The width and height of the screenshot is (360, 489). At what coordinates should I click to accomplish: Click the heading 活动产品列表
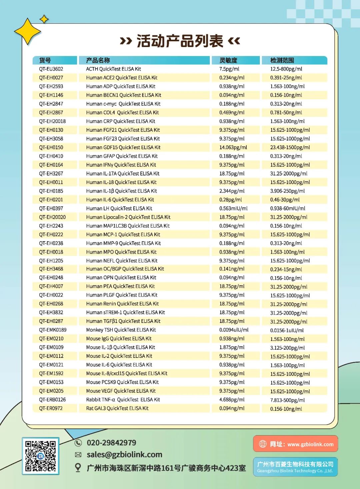180,41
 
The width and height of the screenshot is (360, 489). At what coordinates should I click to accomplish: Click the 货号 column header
45,60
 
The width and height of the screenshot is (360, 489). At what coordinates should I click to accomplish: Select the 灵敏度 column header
228,60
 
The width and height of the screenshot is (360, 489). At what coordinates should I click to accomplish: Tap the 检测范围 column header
282,60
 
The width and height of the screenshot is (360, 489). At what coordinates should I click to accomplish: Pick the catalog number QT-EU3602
51,69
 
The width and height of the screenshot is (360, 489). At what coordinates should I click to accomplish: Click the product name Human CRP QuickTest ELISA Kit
120,121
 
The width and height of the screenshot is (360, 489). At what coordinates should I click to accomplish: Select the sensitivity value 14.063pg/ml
233,147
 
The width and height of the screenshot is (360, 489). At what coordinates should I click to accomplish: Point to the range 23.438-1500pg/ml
290,147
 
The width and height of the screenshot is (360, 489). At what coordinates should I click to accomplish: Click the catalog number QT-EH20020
52,217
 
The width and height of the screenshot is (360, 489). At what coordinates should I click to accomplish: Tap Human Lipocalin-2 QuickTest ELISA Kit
128,217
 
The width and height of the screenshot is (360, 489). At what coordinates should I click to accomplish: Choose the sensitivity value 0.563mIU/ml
233,208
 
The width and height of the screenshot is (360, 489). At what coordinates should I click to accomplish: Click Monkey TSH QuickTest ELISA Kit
121,330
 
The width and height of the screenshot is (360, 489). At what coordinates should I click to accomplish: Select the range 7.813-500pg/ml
287,400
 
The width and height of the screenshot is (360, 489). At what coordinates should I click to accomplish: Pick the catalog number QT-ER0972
51,408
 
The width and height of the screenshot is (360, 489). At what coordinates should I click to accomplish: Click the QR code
41,456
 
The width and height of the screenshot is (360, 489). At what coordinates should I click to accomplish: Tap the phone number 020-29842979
111,443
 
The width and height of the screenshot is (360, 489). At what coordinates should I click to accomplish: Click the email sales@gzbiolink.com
124,455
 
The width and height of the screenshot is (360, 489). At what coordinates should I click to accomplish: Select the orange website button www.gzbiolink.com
295,444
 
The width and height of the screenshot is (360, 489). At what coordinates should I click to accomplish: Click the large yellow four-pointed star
27,32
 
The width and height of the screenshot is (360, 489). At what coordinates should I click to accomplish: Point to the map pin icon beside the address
78,468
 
